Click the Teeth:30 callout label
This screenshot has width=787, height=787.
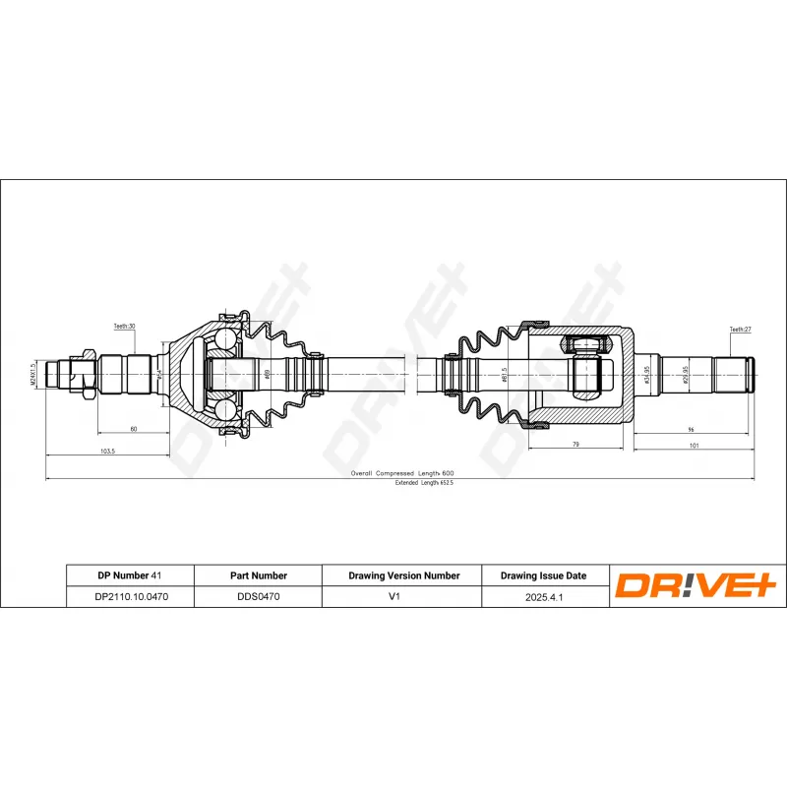point(124,326)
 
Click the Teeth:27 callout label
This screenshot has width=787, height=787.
point(740,330)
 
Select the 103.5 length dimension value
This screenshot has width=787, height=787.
point(108,451)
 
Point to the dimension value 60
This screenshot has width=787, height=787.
point(133,429)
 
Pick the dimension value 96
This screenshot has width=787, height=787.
point(691,429)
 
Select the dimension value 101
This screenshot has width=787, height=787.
point(693,446)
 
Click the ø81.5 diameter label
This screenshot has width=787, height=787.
point(505,376)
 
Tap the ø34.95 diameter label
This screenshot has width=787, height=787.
point(646,375)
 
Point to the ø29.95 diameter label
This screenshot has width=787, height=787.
point(685,375)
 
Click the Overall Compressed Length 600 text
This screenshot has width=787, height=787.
point(402,473)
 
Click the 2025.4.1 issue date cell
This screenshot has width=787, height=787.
point(543,596)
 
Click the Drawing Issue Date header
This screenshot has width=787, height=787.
point(543,575)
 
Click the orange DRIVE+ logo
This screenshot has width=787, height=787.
point(696,586)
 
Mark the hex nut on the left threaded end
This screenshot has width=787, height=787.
point(87,375)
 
